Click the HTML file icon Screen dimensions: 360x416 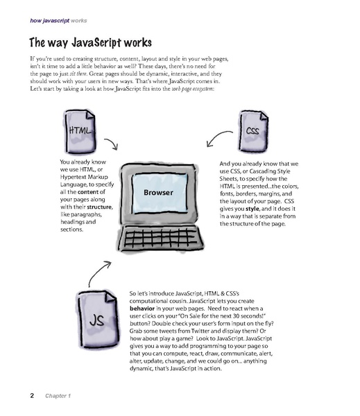[x=81, y=132]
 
